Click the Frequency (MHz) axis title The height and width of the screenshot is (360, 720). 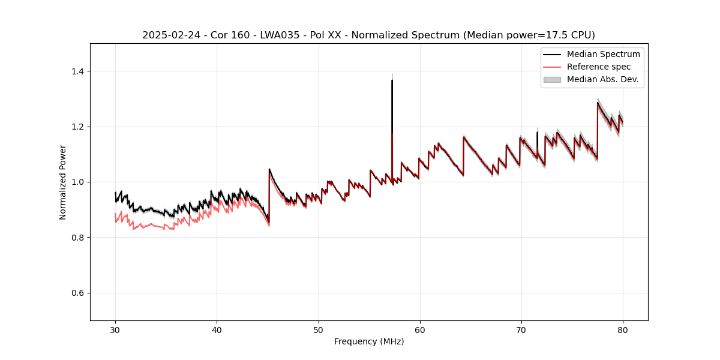point(369,341)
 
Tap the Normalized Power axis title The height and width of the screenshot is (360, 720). point(63,182)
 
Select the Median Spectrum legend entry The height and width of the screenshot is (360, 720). point(603,54)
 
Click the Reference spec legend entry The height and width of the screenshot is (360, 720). point(599,67)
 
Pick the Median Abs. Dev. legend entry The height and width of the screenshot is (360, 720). point(602,79)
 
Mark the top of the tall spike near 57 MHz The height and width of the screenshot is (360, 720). point(392,80)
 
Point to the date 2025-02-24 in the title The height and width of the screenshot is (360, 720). point(169,35)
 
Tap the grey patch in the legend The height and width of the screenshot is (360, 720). point(552,79)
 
